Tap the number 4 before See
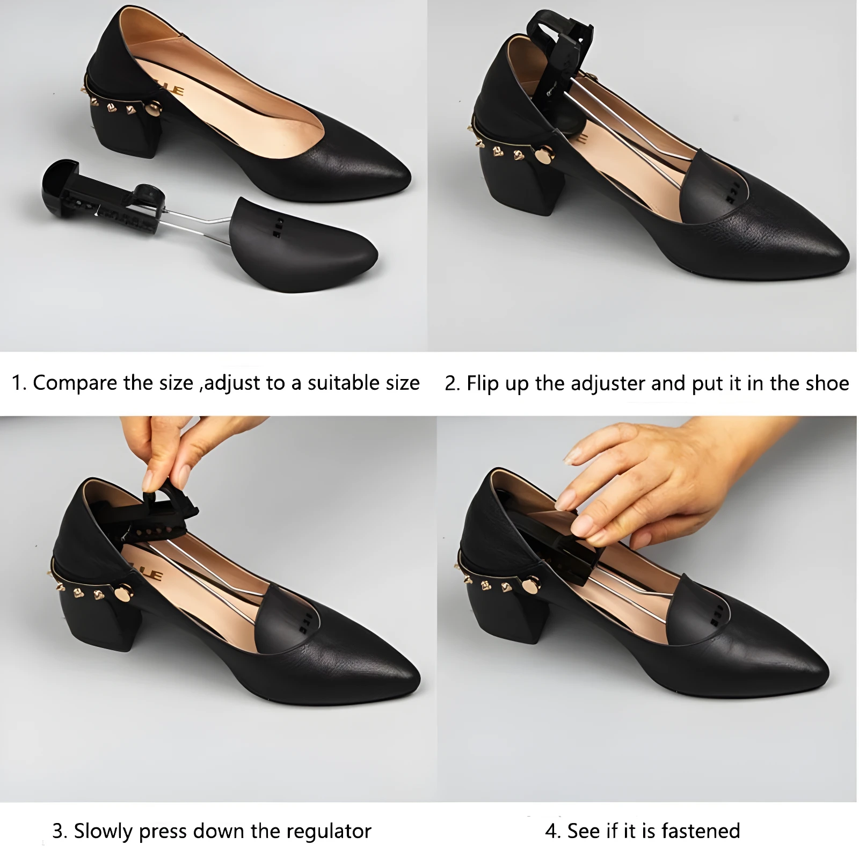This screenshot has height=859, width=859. pos(551,831)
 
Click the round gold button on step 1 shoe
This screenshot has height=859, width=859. pos(154,110)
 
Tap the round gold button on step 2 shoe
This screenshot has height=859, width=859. pos(544,155)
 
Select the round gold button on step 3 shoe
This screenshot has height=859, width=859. pos(122,594)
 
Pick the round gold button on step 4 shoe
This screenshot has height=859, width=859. pos(530,585)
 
